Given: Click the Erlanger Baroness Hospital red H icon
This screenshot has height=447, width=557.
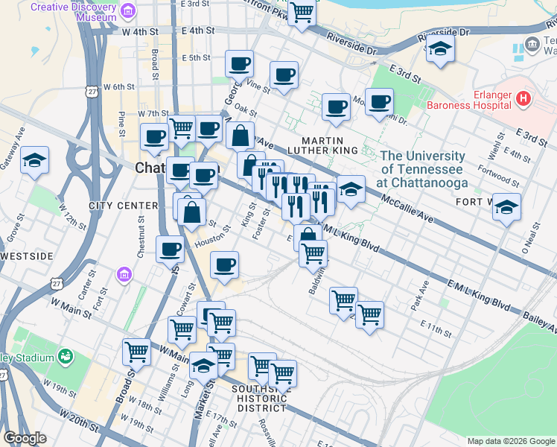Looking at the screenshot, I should click(524, 98).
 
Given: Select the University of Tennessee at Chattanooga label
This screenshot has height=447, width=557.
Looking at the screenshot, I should click(423, 169).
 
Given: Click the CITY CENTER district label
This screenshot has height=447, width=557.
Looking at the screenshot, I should click(123, 206).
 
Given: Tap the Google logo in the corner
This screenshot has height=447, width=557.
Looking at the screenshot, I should click(25, 438).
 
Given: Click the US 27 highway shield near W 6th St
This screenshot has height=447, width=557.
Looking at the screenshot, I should click(91, 90).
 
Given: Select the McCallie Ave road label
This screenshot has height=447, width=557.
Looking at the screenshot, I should click(409, 210).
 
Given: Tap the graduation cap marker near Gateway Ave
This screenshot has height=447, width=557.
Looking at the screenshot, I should click(34, 161).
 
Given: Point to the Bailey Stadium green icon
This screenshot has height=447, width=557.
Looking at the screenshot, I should click(66, 358).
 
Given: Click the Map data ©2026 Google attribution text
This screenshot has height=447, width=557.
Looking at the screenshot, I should click(511, 441).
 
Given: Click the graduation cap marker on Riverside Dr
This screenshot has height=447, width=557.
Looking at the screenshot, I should click(440, 49).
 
